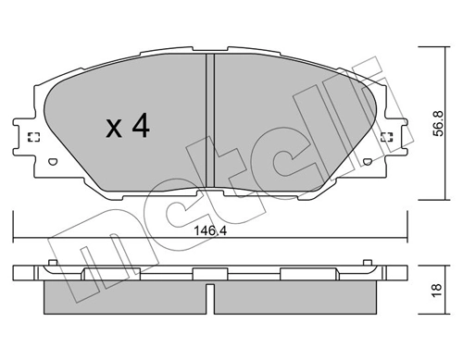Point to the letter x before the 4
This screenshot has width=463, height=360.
(x=114, y=130)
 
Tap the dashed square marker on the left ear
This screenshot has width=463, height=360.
(x=34, y=139)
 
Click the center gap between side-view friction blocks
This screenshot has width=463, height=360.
(x=209, y=298)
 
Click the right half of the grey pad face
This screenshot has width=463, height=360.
(x=287, y=130)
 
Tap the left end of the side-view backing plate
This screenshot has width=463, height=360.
(x=21, y=275)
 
